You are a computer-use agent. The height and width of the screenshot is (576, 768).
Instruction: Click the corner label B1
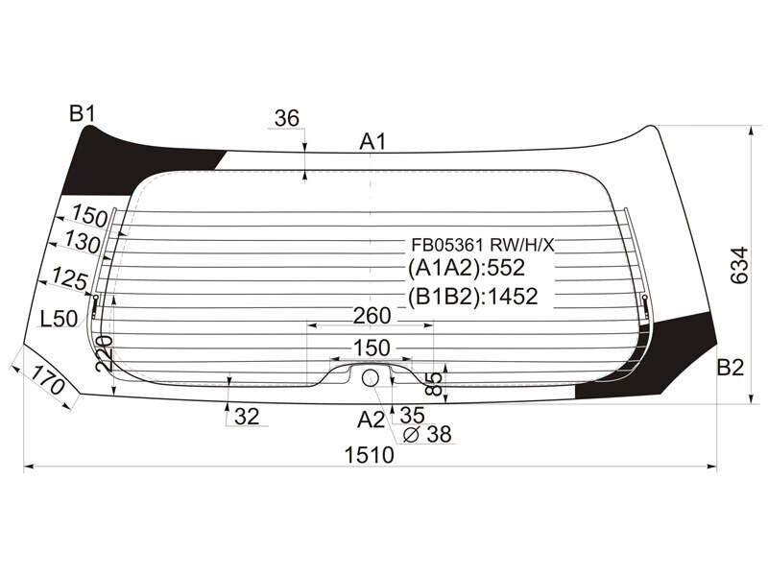point(82,114)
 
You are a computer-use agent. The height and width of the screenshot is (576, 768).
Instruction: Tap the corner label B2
point(731,368)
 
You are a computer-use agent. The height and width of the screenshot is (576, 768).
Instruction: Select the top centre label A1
point(373,142)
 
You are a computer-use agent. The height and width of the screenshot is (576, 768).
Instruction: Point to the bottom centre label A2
point(372,420)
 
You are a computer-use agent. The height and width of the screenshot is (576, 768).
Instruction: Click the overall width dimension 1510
point(370,455)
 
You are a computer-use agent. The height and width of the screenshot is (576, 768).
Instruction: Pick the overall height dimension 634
point(739,266)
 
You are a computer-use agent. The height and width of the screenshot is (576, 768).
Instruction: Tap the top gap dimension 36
point(287,118)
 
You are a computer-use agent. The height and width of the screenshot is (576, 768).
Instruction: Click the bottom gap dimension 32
point(247,417)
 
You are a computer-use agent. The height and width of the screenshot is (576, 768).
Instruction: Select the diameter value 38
point(439,434)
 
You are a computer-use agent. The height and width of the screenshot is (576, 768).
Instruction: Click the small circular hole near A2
point(370,377)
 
